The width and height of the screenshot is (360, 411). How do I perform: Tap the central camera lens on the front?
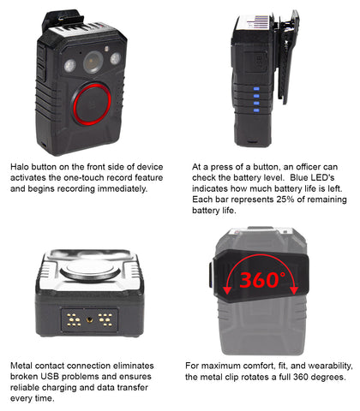tap(93, 62)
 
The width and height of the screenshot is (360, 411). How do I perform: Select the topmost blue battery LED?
tap(256, 89)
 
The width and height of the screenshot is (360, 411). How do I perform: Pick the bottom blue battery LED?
tap(256, 110)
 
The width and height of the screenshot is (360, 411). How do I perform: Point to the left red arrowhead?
tap(227, 289)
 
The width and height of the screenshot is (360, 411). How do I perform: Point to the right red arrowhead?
tap(294, 289)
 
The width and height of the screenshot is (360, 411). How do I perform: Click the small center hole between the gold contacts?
tap(90, 319)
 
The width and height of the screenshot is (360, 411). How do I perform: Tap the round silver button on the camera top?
tap(90, 270)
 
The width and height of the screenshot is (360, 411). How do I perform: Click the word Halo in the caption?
tap(20, 167)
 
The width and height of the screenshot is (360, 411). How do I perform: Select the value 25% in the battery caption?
tap(285, 200)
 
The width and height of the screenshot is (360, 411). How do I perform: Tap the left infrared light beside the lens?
tap(70, 66)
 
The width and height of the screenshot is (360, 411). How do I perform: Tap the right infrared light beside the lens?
tap(116, 58)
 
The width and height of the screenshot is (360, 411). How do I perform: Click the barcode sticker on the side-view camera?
tap(258, 21)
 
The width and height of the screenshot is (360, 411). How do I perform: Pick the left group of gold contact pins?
tap(74, 319)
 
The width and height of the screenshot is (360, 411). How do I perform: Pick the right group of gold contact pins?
tap(105, 319)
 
